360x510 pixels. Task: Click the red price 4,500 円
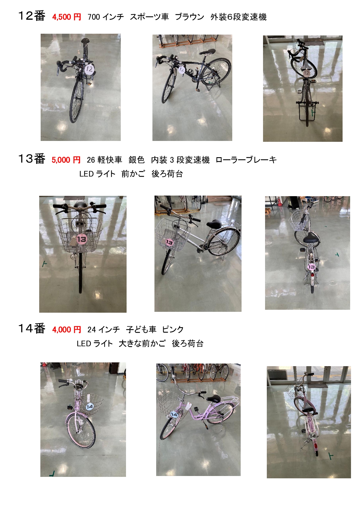tap(66, 17)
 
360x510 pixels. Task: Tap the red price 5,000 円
tap(66, 160)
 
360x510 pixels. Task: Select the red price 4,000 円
tap(66, 330)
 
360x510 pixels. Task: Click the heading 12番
tap(32, 16)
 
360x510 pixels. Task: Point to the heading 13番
tap(32, 159)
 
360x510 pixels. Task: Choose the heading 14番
tap(32, 329)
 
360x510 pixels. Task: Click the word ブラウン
tap(190, 17)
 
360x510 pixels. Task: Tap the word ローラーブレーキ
tap(246, 160)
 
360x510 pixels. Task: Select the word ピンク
tap(173, 330)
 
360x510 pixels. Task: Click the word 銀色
tap(136, 160)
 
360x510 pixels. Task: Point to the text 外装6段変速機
tap(238, 17)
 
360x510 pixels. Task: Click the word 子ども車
tap(141, 330)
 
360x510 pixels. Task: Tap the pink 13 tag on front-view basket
tap(82, 239)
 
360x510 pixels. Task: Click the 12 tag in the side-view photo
tap(182, 70)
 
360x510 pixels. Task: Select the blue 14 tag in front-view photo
tap(90, 407)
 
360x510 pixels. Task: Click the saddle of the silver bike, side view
tap(214, 224)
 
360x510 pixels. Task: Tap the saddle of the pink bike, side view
tap(214, 399)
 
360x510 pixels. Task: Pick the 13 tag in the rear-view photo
tap(312, 267)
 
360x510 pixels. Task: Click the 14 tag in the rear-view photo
tap(313, 436)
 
